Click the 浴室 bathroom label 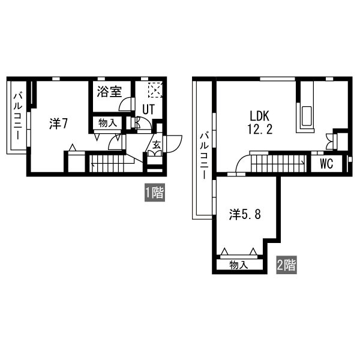109,92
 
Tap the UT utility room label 149,109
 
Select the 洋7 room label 58,124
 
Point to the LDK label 259,116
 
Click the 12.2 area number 260,129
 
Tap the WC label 326,164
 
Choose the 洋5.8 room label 245,215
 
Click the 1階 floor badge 155,193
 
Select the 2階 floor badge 286,265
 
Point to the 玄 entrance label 157,145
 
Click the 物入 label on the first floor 107,123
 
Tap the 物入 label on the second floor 239,265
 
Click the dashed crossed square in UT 155,89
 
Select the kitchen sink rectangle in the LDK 307,116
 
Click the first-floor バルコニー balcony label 18,116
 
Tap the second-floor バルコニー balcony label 204,155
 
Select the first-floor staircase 112,163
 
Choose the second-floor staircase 278,163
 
